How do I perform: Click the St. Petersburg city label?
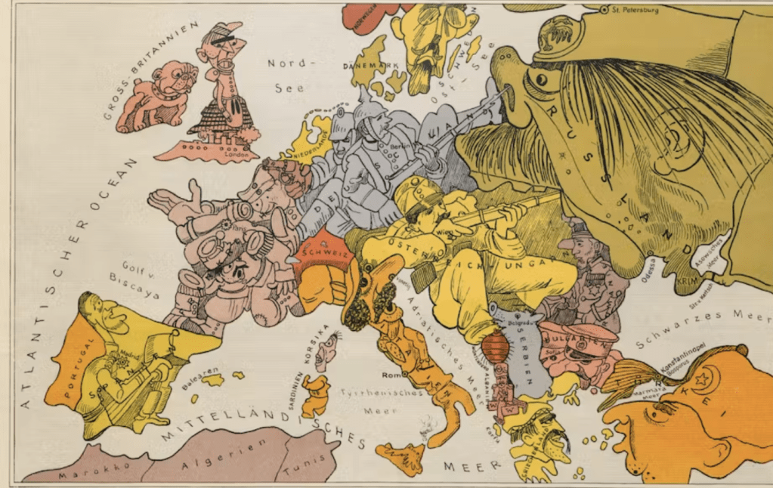[635, 10]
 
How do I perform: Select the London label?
[236, 155]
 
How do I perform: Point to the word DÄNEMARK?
[371, 66]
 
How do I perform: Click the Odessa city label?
[652, 266]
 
